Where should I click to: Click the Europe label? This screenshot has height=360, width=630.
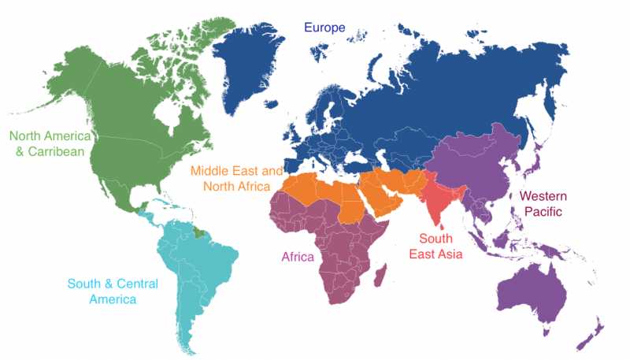pyautogui.click(x=325, y=28)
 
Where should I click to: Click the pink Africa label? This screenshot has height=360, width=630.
pyautogui.click(x=298, y=257)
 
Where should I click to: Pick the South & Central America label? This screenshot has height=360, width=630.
pyautogui.click(x=113, y=291)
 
